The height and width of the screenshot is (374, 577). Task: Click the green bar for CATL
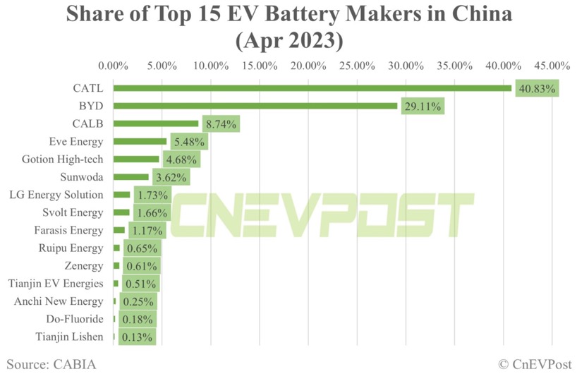pos(312,88)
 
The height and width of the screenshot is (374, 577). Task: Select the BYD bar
pos(255,106)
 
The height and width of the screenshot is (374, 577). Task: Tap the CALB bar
pos(156,123)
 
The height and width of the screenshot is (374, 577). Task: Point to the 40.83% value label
pos(537,89)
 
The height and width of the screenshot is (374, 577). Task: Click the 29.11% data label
pos(423,107)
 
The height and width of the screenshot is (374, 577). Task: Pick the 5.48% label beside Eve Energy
pos(189,142)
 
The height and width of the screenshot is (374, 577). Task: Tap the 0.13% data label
pos(137,337)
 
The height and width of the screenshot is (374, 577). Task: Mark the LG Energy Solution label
pos(56,195)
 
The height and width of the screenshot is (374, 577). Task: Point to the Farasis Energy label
pos(68,230)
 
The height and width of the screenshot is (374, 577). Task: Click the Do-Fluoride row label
pos(74,319)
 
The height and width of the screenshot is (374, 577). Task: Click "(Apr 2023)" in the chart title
pos(288,41)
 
